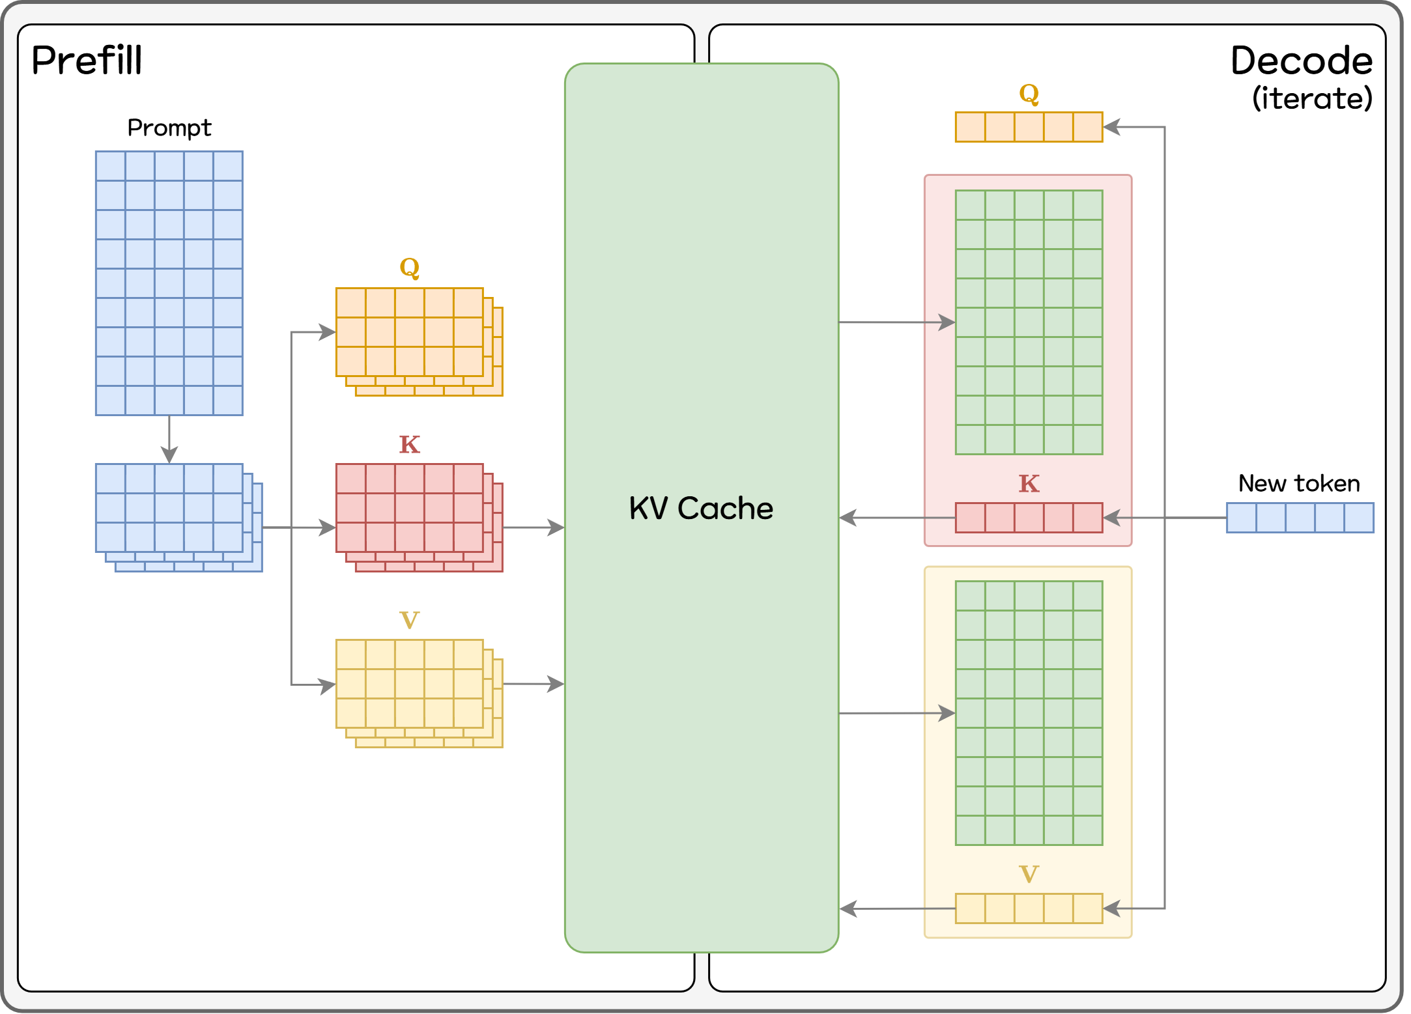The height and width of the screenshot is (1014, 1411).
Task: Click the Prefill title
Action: pyautogui.click(x=87, y=61)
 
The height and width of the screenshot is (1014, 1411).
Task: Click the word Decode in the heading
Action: pyautogui.click(x=1301, y=61)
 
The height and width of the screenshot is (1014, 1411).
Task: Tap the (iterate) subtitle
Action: pyautogui.click(x=1312, y=99)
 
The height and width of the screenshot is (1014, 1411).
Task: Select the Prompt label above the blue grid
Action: pyautogui.click(x=169, y=128)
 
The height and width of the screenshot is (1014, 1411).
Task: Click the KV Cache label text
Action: pyautogui.click(x=701, y=508)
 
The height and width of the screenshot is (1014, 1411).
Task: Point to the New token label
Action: pyautogui.click(x=1299, y=483)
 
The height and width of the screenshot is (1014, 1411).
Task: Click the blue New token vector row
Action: pyautogui.click(x=1300, y=518)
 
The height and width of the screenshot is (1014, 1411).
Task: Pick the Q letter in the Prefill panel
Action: pyautogui.click(x=409, y=267)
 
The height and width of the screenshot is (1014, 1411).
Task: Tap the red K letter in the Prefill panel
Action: pyautogui.click(x=409, y=445)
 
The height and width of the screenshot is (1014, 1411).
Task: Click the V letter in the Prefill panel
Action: pyautogui.click(x=409, y=620)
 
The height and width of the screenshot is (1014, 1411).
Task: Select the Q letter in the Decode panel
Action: pyautogui.click(x=1029, y=94)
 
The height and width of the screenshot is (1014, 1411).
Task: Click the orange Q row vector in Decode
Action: pyautogui.click(x=1029, y=127)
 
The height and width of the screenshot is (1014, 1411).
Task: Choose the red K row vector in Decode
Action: pyautogui.click(x=1029, y=518)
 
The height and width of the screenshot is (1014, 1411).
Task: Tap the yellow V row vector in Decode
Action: pyautogui.click(x=1029, y=908)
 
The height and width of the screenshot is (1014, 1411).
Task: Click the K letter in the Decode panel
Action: pyautogui.click(x=1029, y=484)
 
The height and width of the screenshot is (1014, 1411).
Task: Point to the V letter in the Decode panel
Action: pyautogui.click(x=1029, y=874)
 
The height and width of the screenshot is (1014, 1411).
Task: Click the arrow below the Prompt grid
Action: pyautogui.click(x=169, y=440)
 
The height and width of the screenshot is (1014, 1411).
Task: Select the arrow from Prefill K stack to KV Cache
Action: pyautogui.click(x=534, y=528)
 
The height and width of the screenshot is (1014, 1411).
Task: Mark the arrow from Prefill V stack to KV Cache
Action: pyautogui.click(x=534, y=684)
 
